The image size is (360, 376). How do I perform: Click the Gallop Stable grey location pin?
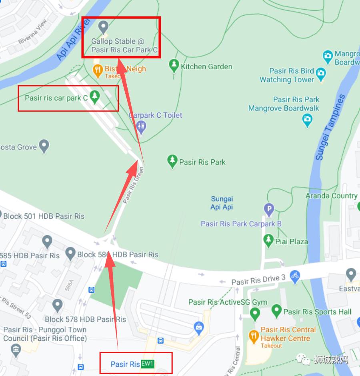tap(104, 28)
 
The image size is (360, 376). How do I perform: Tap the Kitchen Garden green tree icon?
tap(174, 65)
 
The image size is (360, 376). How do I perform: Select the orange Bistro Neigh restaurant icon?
tap(98, 71)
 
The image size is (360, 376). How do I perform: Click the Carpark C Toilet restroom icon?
tap(141, 127)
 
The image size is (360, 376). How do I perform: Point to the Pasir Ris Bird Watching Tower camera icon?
tap(320, 73)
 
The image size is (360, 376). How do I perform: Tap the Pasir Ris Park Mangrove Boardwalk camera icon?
tap(307, 119)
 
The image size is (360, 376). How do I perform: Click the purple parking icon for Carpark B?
tap(269, 209)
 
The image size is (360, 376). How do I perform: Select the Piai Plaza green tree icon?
tap(268, 241)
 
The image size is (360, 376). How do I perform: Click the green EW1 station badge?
tap(148, 364)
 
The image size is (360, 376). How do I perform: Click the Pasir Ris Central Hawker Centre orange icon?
tap(253, 336)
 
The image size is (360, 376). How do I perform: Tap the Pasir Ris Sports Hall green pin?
tap(276, 311)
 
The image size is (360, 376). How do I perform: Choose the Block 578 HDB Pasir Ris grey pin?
tap(58, 306)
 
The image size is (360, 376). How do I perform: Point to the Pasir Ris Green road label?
tap(133, 185)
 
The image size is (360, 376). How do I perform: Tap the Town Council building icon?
tap(16, 350)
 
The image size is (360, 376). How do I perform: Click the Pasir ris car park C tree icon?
tap(94, 97)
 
